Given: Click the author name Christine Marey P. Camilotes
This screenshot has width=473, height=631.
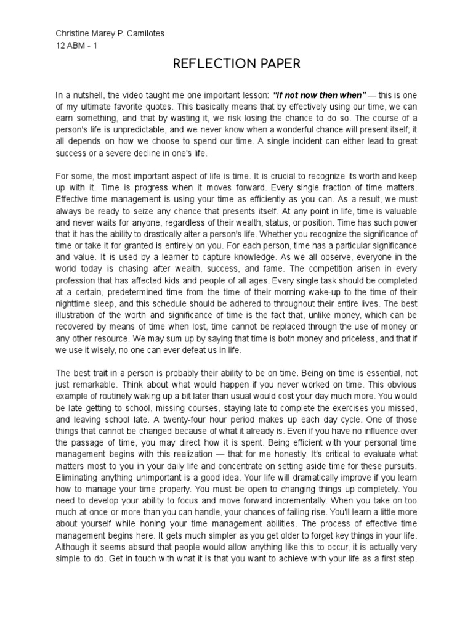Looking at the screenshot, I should pos(110,34).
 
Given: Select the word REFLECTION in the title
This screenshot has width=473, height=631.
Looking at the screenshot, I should pos(208,63).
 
